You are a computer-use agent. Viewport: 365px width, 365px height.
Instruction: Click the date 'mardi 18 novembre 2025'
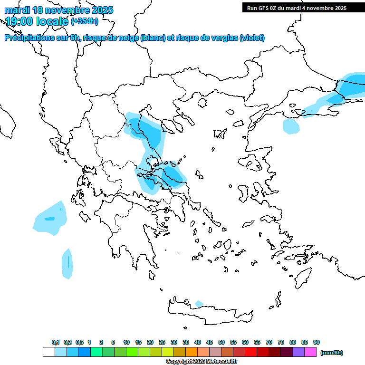(59, 10)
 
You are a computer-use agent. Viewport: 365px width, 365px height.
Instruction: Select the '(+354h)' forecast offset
(85, 21)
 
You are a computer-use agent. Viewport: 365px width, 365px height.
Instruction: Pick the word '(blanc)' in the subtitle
(153, 38)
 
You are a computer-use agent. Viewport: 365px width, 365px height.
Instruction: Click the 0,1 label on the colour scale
(56, 342)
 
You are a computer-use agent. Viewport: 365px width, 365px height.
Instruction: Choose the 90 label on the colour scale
(317, 342)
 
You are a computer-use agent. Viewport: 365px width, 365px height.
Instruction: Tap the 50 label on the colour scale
(221, 342)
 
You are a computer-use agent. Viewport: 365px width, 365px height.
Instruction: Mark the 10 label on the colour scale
(126, 342)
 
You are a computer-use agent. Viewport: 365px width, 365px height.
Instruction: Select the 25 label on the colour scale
(162, 342)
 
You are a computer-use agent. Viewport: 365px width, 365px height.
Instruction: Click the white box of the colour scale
(49, 352)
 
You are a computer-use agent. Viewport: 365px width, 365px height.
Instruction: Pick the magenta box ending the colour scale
(310, 352)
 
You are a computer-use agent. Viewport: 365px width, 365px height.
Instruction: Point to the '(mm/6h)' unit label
(332, 353)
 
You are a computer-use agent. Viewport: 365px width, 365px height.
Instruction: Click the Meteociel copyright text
(202, 361)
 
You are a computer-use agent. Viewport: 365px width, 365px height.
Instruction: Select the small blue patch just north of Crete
(199, 304)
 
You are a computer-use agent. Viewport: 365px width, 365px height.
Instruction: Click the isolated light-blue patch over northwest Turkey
(291, 126)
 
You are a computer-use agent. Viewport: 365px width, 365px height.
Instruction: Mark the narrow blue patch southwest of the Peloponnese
(67, 263)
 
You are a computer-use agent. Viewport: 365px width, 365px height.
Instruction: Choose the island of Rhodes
(302, 278)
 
